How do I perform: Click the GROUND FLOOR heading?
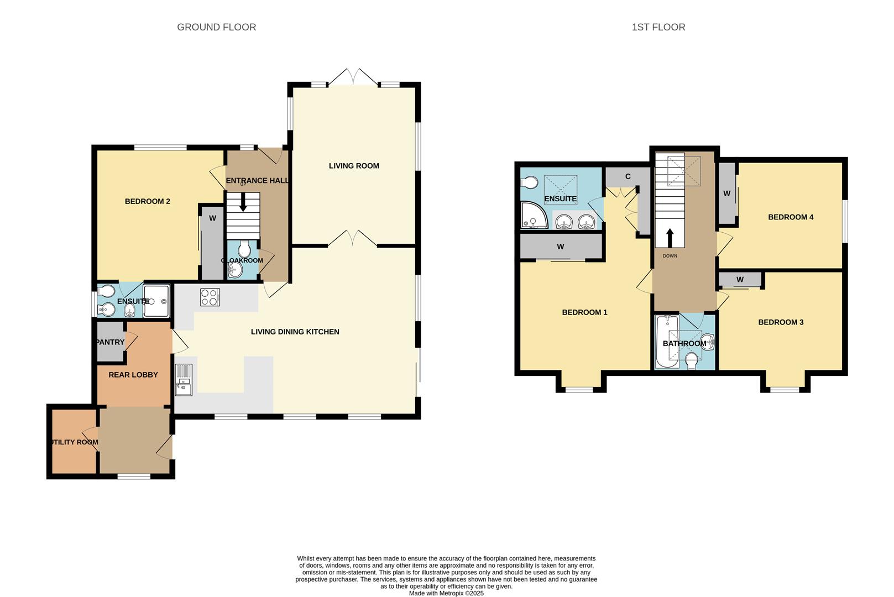click(216, 27)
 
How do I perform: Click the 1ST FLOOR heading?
click(658, 27)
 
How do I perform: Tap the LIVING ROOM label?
click(354, 166)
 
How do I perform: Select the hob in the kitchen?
click(210, 297)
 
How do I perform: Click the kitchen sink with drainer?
click(183, 380)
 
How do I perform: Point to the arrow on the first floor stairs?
click(670, 238)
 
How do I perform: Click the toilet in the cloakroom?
click(244, 249)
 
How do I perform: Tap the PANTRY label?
click(110, 342)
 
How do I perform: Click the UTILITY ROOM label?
click(74, 442)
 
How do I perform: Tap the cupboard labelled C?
click(628, 177)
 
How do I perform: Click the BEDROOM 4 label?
click(790, 217)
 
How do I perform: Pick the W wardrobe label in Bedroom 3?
click(740, 279)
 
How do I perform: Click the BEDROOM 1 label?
click(584, 312)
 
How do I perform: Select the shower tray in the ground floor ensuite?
click(156, 301)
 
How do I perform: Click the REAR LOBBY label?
click(133, 375)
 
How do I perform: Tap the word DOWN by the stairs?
click(670, 256)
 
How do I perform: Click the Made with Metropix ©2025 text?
click(446, 593)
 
